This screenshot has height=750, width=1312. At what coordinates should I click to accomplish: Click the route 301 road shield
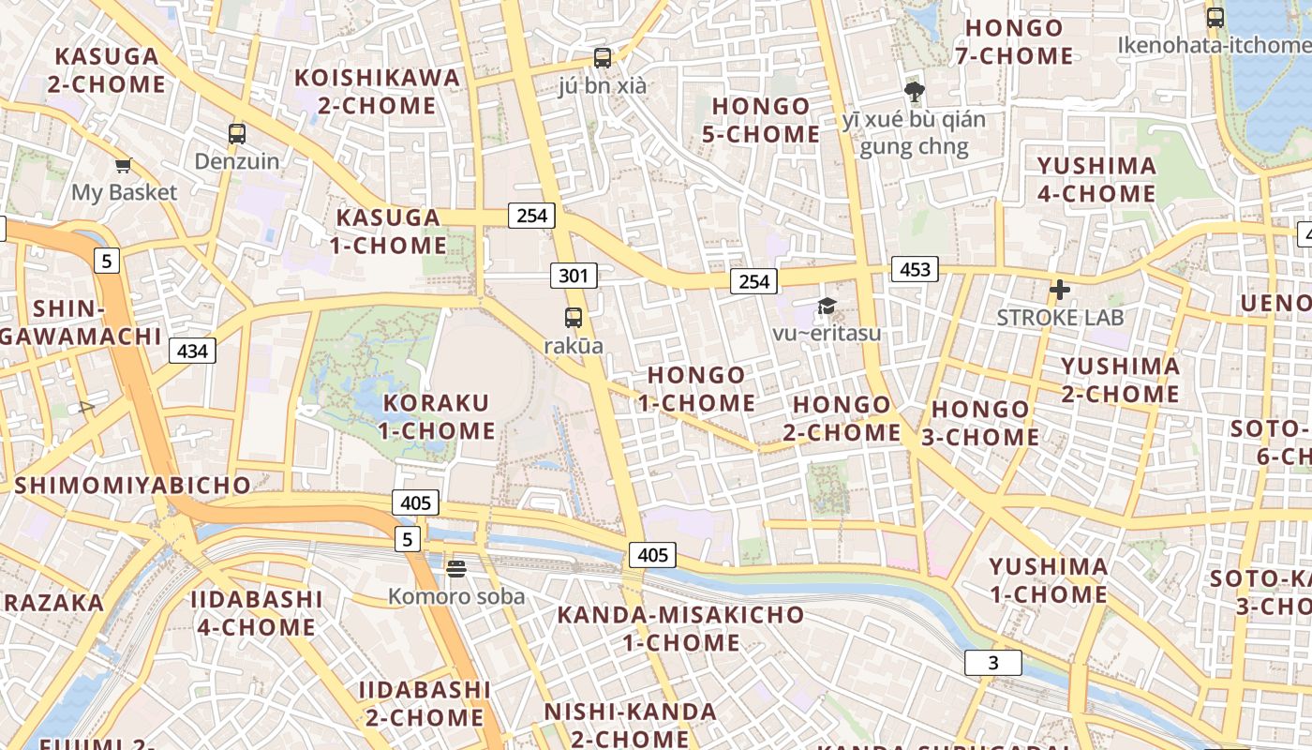[x=574, y=276]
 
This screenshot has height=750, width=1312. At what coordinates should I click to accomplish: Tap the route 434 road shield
[x=192, y=352]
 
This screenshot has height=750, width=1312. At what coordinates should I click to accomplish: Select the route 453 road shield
[x=915, y=270]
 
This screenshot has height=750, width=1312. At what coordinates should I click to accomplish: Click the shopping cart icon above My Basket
[x=123, y=166]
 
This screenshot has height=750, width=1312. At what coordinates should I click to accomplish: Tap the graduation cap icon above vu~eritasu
[x=827, y=306]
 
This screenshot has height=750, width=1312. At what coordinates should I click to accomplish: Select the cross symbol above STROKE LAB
[x=1060, y=291]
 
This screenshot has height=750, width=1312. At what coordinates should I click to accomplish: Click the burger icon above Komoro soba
[x=456, y=568]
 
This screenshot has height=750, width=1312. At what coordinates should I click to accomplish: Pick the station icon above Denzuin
[x=237, y=134]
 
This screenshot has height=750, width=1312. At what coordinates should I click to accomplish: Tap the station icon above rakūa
[x=574, y=318]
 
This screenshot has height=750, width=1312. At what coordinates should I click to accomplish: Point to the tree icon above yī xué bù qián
[x=914, y=92]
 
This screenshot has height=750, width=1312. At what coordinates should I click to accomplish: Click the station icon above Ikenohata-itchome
[x=1215, y=17]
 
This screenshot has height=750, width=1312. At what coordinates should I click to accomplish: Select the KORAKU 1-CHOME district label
[x=437, y=417]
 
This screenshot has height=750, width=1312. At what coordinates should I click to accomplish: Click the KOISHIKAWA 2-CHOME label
[x=378, y=91]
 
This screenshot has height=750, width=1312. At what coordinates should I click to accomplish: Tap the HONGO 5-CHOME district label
[x=760, y=120]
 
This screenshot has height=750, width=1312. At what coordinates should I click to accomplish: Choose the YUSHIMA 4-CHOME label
[x=1096, y=180]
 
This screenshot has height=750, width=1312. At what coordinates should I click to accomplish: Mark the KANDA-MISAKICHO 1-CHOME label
[x=681, y=629]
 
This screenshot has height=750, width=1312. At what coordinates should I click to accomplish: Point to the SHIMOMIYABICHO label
[x=132, y=486]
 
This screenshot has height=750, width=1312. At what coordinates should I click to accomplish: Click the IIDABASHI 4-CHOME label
[x=256, y=613]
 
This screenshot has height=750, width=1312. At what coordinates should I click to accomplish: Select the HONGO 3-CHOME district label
[x=984, y=423]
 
